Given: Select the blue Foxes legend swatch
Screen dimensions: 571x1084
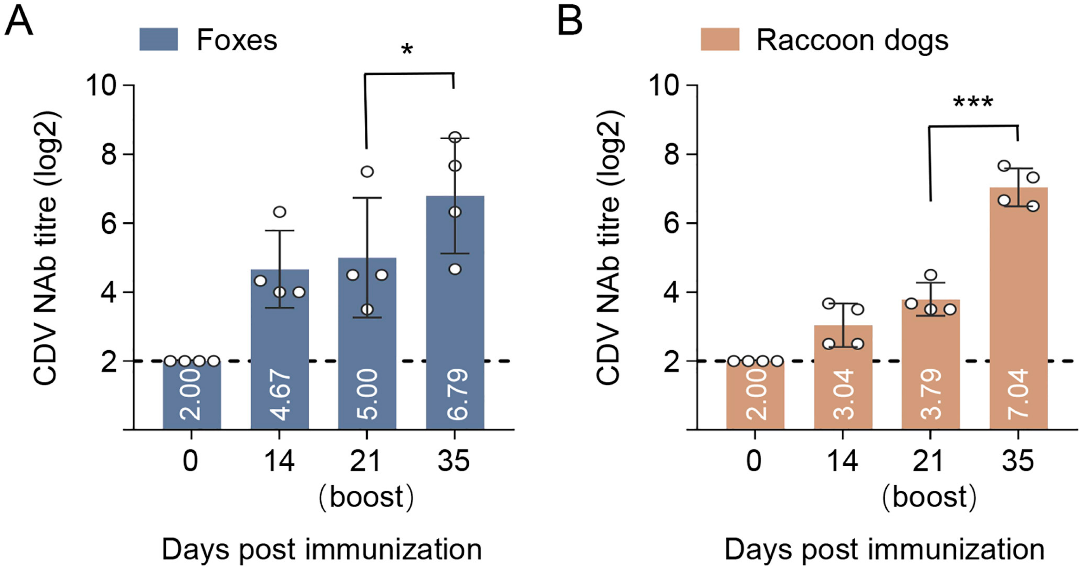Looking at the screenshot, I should point(158,40).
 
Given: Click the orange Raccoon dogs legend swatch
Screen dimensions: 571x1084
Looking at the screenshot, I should point(720,40).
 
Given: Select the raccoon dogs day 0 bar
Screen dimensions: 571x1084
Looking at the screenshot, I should point(755,395).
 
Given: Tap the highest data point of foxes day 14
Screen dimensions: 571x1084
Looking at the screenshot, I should point(280,211).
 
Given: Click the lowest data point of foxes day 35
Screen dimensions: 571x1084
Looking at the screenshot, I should point(455,269).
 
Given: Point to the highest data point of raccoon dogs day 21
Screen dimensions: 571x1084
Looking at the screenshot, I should point(931,275).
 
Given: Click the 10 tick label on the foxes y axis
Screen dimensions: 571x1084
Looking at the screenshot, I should point(101,85).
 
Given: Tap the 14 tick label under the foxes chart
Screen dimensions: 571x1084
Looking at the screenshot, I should point(280,461).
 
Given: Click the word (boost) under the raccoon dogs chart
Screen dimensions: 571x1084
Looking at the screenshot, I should point(929,498).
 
